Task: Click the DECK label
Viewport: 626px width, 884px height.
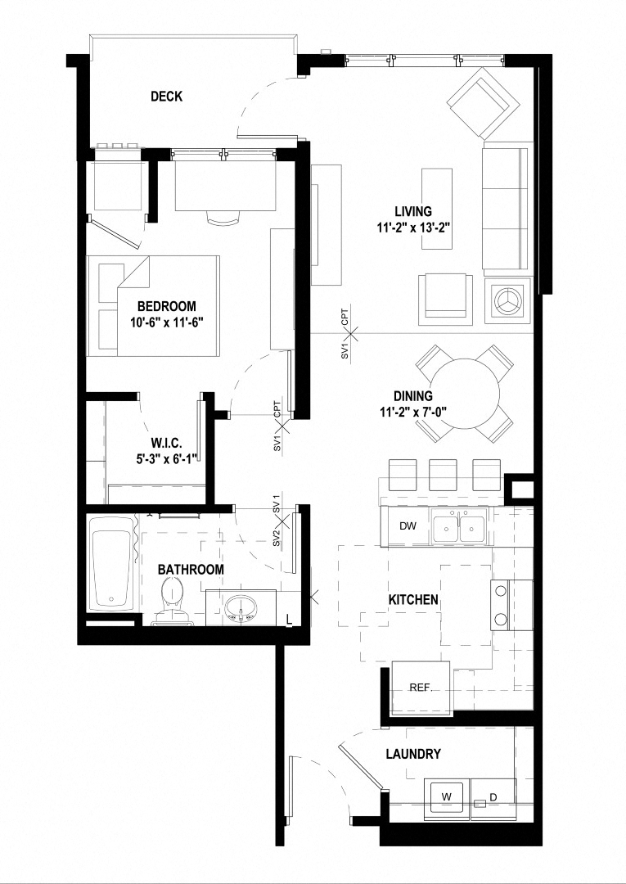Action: (x=166, y=97)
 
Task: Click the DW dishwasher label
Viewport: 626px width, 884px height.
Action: (x=407, y=526)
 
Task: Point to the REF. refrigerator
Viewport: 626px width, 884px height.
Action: (x=421, y=687)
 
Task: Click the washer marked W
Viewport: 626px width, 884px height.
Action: (x=446, y=796)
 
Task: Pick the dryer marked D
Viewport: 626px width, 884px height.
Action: (x=493, y=796)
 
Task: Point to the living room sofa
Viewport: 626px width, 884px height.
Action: (x=507, y=209)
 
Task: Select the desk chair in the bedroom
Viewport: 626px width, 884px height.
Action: (x=223, y=216)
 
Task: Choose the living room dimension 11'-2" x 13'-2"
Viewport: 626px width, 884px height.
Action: (x=412, y=226)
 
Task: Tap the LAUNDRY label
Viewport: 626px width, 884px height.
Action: (x=413, y=754)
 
